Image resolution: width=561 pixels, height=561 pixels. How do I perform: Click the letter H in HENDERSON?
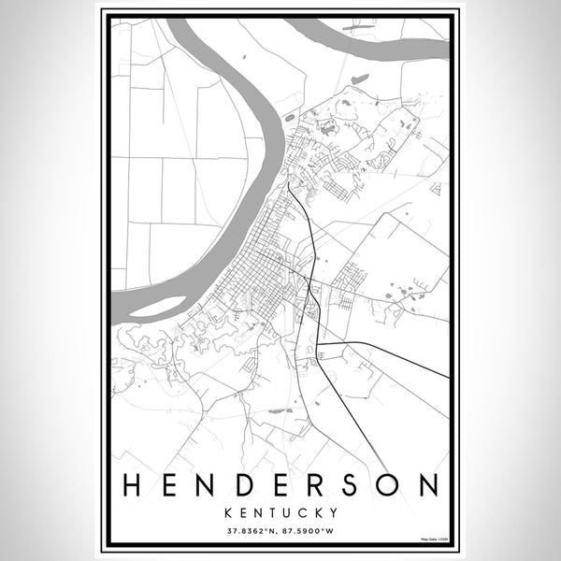tap(133, 485)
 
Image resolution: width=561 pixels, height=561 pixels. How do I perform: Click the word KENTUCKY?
tap(280, 512)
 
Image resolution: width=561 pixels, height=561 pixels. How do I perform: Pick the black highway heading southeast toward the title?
tap(355, 411)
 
